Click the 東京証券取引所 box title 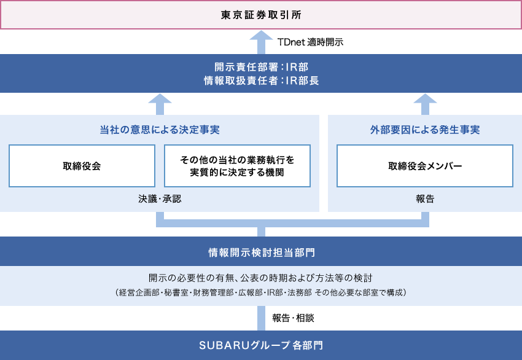point(261,15)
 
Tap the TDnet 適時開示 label point(310,42)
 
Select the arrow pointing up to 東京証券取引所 point(262,42)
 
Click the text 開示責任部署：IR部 point(262,67)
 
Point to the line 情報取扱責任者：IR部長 point(262,80)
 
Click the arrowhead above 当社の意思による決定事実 point(160,99)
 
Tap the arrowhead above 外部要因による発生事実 point(425,99)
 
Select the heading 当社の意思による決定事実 point(160,130)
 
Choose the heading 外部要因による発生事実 point(425,130)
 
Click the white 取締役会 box point(82,166)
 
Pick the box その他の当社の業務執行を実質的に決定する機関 point(238,166)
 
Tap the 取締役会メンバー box point(425,166)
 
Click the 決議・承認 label point(160,199)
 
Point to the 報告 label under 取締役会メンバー point(425,199)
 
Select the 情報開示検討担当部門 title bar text point(262,252)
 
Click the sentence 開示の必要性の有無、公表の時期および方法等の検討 point(260,278)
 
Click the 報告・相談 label point(293,318)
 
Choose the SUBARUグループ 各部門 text point(261,345)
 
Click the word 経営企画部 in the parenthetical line point(139,292)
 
